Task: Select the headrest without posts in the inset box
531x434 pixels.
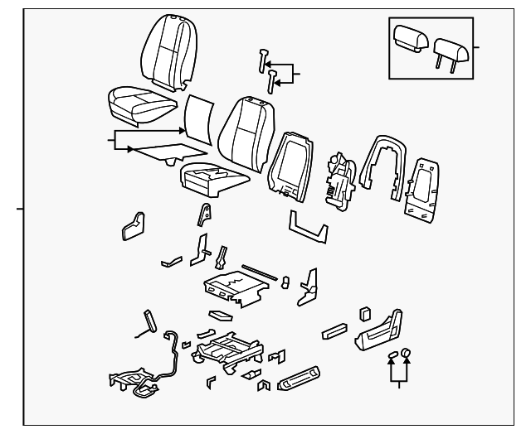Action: click(x=410, y=37)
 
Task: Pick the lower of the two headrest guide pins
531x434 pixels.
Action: click(x=272, y=80)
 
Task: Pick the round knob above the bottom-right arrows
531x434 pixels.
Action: click(x=406, y=354)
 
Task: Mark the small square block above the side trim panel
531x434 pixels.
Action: click(x=364, y=312)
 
